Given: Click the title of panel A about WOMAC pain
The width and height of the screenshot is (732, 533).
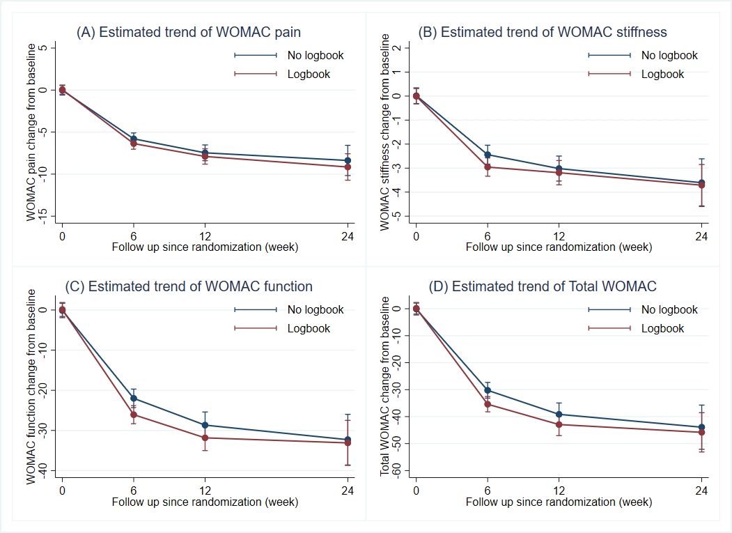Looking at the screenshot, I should coord(188,32).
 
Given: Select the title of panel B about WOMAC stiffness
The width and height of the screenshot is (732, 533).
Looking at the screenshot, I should coord(542,32).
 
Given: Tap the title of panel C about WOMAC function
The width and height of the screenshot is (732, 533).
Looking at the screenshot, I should coord(188,286).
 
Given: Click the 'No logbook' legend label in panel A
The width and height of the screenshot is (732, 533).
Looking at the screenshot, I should coord(316,56).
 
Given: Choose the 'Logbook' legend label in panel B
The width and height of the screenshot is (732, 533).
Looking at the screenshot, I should coord(662,75).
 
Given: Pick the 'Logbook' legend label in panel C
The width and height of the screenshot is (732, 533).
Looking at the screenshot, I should coord(309,329).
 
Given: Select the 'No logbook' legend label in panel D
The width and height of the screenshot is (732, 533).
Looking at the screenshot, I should coord(669,310).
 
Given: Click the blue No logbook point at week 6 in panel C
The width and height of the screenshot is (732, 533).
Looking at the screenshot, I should coord(134,399).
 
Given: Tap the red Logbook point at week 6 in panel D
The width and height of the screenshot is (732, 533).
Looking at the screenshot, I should coord(488,404).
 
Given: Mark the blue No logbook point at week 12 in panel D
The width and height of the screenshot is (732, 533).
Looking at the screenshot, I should coord(559,415).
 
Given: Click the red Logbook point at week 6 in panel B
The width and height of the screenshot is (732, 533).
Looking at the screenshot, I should coord(488,167).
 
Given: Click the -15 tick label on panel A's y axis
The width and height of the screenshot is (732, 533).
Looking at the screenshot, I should coord(42,216).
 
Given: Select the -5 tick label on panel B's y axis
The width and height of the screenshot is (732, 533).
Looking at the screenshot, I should coord(396,216).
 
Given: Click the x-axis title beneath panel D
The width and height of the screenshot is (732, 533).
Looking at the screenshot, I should coord(559,502).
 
